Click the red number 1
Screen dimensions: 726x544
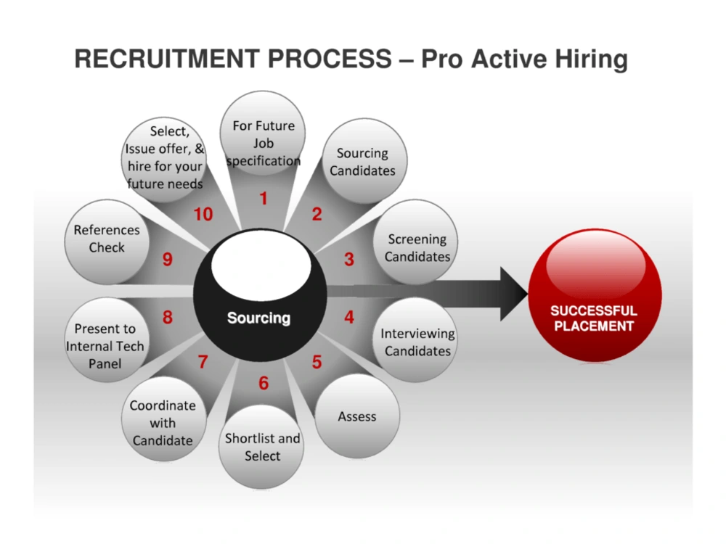[264, 199]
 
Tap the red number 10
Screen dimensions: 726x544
[203, 214]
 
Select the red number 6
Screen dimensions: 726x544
[264, 383]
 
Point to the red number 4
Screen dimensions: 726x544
[349, 317]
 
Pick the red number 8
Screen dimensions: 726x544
[168, 318]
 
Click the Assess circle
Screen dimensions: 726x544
[357, 416]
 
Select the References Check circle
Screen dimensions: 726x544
[107, 242]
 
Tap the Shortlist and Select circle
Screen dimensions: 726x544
[261, 447]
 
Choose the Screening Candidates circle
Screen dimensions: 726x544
[416, 242]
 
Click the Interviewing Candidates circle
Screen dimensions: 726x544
[416, 339]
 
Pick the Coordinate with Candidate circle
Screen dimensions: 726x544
[164, 419]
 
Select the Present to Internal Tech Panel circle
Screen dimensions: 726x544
[107, 339]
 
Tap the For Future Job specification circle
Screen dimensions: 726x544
[263, 133]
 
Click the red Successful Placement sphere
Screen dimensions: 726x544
[595, 295]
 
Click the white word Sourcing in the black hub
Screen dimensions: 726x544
[259, 318]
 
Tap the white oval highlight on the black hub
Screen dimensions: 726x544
[261, 266]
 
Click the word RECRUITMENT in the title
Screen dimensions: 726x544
[163, 59]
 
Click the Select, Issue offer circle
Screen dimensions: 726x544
[164, 160]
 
